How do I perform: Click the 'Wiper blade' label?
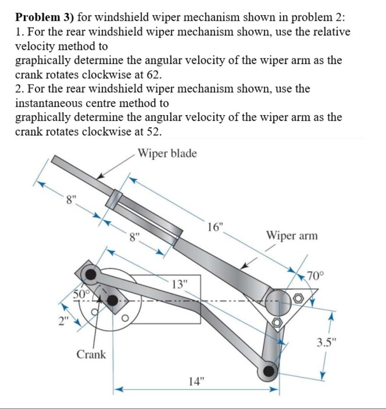point(167,154)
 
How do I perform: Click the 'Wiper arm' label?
point(291,236)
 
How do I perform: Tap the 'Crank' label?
point(91,354)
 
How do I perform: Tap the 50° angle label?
point(81,294)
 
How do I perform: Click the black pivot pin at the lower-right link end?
point(267,371)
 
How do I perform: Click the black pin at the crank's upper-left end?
point(91,275)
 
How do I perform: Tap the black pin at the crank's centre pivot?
point(113,301)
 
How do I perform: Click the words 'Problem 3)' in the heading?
point(44,16)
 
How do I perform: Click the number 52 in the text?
point(154,131)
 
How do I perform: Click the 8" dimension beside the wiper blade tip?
point(70,199)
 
